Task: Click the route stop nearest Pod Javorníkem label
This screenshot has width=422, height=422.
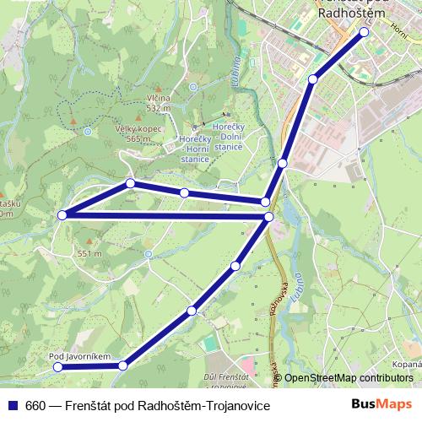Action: [x=57, y=368]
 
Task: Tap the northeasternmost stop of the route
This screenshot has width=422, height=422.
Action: [x=365, y=32]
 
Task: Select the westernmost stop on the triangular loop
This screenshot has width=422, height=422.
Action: [x=62, y=216]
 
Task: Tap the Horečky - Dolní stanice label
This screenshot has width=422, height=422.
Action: [x=229, y=136]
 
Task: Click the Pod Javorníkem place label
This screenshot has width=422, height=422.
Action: [x=80, y=357]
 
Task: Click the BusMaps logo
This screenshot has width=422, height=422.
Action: [x=381, y=405]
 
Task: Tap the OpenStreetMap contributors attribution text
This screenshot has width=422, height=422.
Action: [x=349, y=378]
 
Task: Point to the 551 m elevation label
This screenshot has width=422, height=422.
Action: [x=90, y=253]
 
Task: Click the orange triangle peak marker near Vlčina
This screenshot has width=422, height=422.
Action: [x=139, y=92]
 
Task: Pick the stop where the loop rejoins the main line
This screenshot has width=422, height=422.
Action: [x=268, y=218]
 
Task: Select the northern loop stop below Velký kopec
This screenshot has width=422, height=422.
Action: [x=131, y=183]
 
